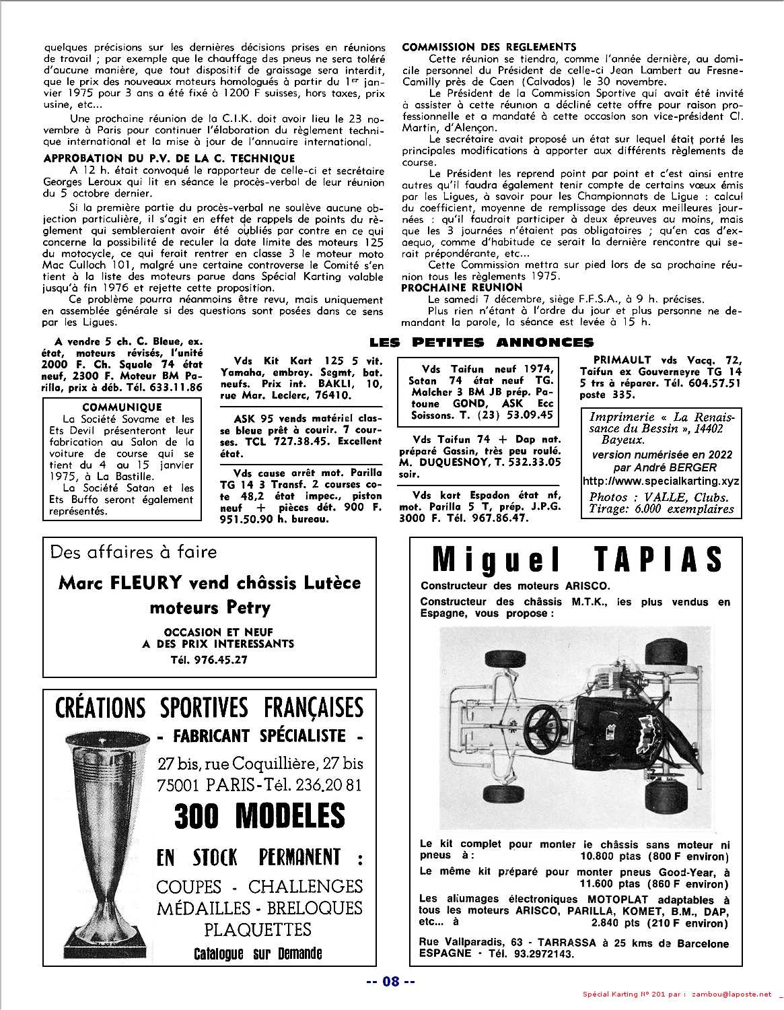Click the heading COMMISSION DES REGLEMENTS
point(489,47)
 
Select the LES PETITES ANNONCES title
point(482,343)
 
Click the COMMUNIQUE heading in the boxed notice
point(122,407)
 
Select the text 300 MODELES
point(260,816)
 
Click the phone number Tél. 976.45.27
point(209,660)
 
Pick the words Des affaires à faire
point(134,552)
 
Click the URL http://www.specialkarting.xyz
point(661,481)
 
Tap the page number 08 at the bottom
point(391,982)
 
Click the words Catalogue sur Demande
point(258,953)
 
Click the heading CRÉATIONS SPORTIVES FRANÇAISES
point(209,708)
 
